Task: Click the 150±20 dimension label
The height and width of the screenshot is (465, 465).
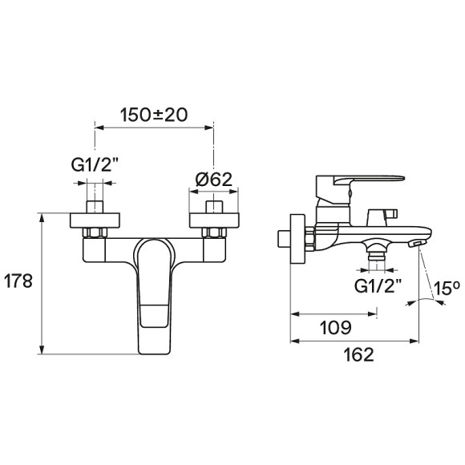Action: click(154, 115)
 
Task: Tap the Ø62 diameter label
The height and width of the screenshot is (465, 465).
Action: click(214, 179)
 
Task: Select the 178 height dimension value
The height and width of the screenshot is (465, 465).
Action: click(18, 281)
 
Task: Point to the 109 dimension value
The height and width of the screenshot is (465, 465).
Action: click(336, 327)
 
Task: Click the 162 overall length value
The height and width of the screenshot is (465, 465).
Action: click(358, 354)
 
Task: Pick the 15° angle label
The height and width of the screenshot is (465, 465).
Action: click(447, 288)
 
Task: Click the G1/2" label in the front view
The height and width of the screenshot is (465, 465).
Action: click(95, 164)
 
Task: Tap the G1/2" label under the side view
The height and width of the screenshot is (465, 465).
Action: click(378, 286)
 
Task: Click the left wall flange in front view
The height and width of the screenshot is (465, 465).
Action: click(95, 220)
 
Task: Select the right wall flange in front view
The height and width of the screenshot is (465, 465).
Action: click(214, 220)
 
